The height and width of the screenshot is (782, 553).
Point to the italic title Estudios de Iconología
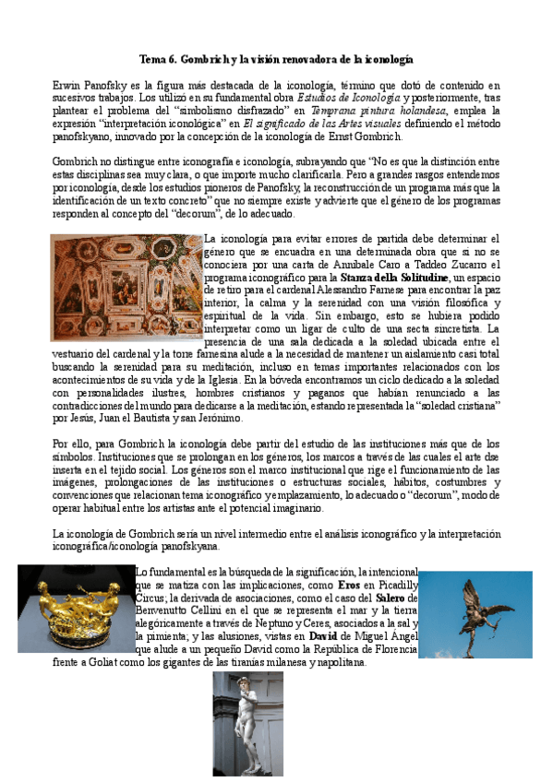click(347, 97)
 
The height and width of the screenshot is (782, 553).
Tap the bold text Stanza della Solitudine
click(398, 277)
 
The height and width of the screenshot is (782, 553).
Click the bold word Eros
click(348, 585)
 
